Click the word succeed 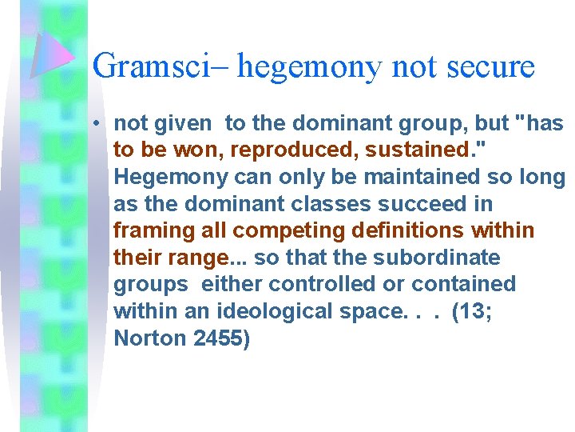(x=412, y=204)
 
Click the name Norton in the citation (x=150, y=338)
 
